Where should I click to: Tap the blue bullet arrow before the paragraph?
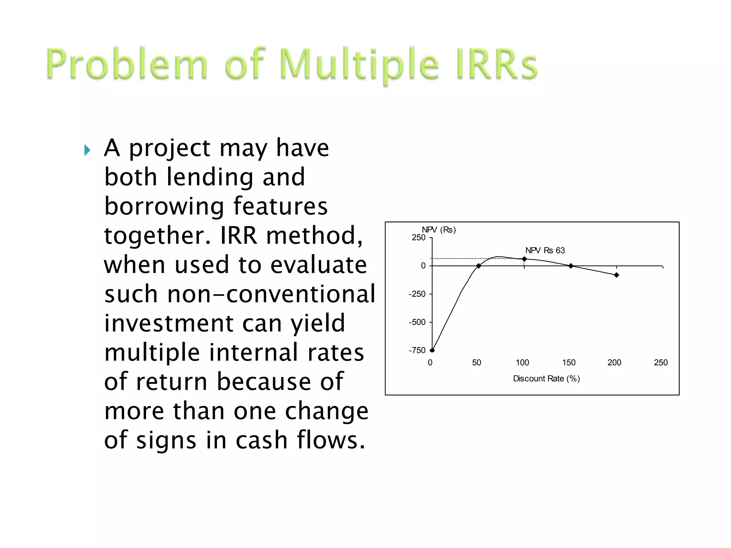[x=87, y=150]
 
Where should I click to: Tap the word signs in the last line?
[x=166, y=440]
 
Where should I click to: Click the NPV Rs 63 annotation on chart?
[x=545, y=250]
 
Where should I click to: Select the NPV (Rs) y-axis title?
[x=439, y=230]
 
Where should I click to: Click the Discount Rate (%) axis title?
[x=546, y=379]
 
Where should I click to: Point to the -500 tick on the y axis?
[x=417, y=322]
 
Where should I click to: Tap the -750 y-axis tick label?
[x=417, y=350]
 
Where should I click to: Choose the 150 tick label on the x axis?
[x=569, y=362]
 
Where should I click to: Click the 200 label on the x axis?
[x=614, y=362]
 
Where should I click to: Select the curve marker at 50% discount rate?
[x=479, y=266]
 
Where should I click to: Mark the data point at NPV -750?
[x=432, y=350]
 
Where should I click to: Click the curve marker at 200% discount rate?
[x=616, y=275]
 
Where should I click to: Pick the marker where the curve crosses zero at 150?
[x=571, y=266]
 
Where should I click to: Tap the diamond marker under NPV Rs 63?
[x=524, y=259]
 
